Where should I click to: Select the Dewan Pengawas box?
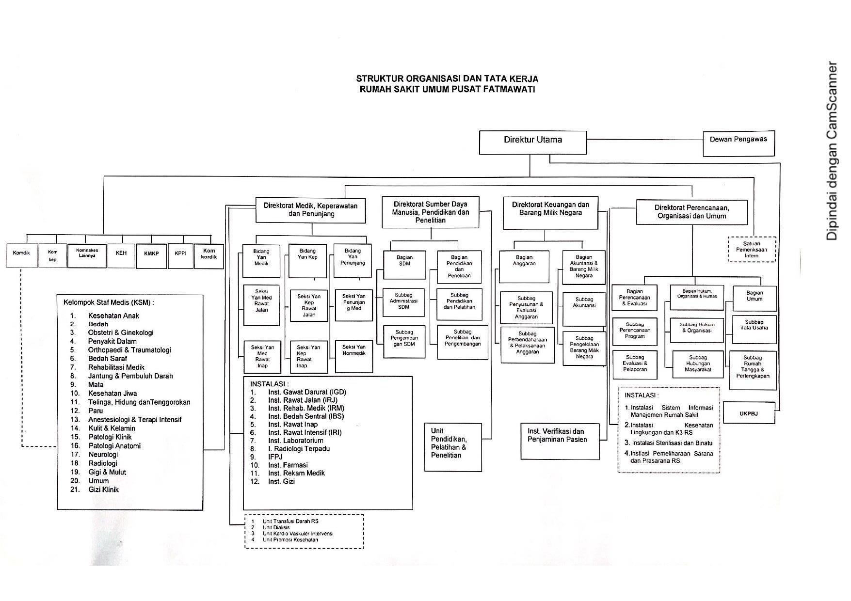(738, 143)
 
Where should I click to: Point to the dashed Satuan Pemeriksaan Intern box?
(752, 250)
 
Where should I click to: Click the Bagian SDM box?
(404, 265)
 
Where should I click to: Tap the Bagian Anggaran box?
(524, 266)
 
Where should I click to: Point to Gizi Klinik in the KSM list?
(103, 490)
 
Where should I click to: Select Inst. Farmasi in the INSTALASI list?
(288, 465)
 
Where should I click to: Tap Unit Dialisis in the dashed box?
(276, 527)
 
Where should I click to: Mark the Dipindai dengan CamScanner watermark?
(832, 150)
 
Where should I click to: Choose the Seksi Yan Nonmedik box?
(353, 356)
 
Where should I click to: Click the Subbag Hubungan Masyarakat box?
(698, 364)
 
